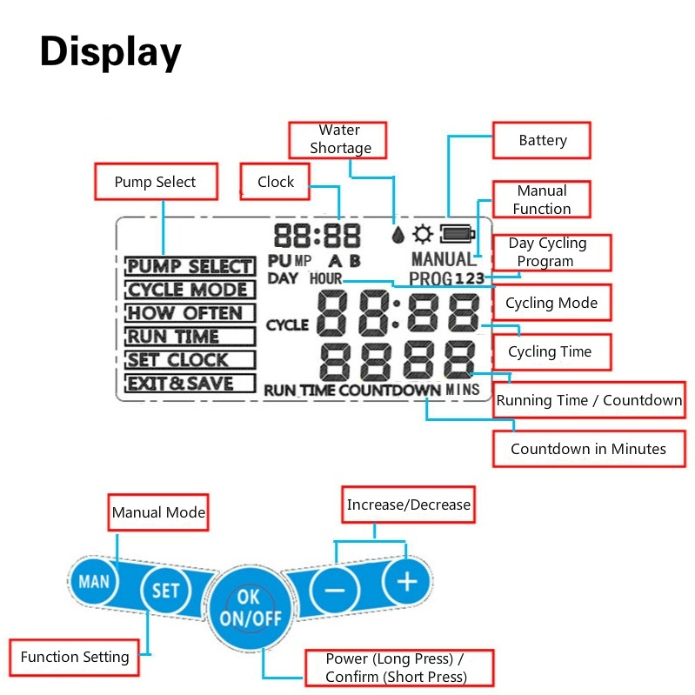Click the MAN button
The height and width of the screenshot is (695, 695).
[94, 580]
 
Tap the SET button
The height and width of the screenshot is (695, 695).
[165, 591]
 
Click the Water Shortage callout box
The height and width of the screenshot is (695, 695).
[339, 139]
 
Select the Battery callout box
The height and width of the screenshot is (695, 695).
[543, 140]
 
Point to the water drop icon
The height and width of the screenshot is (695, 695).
[398, 235]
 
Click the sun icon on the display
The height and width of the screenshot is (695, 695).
[424, 233]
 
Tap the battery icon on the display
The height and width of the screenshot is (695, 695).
[457, 233]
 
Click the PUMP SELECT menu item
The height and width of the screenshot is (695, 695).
[190, 266]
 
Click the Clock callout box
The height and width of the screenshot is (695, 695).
[277, 182]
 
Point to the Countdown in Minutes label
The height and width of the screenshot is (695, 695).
[589, 449]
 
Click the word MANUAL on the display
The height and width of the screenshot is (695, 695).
[443, 259]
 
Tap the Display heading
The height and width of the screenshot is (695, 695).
[110, 52]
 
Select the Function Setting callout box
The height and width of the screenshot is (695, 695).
[75, 657]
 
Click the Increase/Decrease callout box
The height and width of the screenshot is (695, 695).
[408, 505]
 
